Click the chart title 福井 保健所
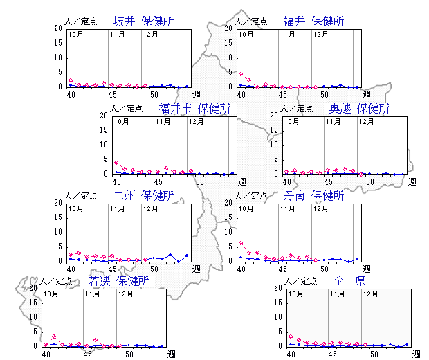[x=313, y=21]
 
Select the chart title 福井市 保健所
[x=194, y=109]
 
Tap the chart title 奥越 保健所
[x=359, y=109]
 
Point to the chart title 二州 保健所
[x=143, y=196]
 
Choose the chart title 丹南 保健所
[x=313, y=196]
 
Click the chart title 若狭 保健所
[x=118, y=281]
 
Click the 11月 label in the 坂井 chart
[x=117, y=34]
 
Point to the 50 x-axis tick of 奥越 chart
[x=370, y=181]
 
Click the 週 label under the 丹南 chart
[x=367, y=269]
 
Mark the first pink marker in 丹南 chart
[x=240, y=243]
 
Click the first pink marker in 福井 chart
[x=240, y=73]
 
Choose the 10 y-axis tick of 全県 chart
[x=279, y=316]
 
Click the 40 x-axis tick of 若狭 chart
[x=46, y=354]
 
